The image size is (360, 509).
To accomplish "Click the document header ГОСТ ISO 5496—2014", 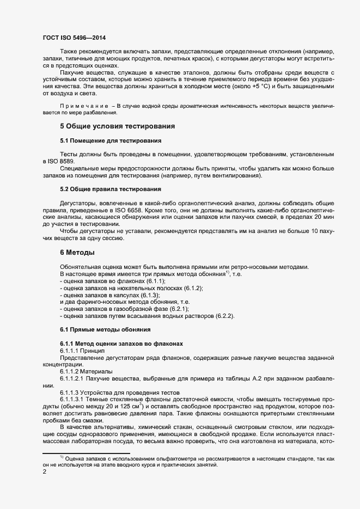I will tap(74, 38).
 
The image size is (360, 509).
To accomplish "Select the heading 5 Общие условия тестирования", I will tap(117, 126).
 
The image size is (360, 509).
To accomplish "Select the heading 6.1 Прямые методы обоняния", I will tap(101, 329).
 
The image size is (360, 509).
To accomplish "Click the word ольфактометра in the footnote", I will tap(161, 458).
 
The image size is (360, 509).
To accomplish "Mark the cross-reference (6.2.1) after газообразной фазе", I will tap(177, 309).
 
